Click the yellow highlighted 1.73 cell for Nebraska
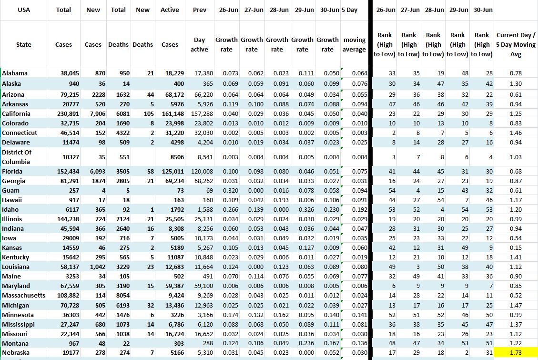[516, 353]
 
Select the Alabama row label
[15, 73]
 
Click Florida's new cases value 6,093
[91, 171]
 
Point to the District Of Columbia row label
[17, 157]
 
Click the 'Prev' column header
[200, 10]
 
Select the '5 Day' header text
[349, 10]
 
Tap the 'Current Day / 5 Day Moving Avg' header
[516, 44]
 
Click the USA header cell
[23, 10]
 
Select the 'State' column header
[23, 44]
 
